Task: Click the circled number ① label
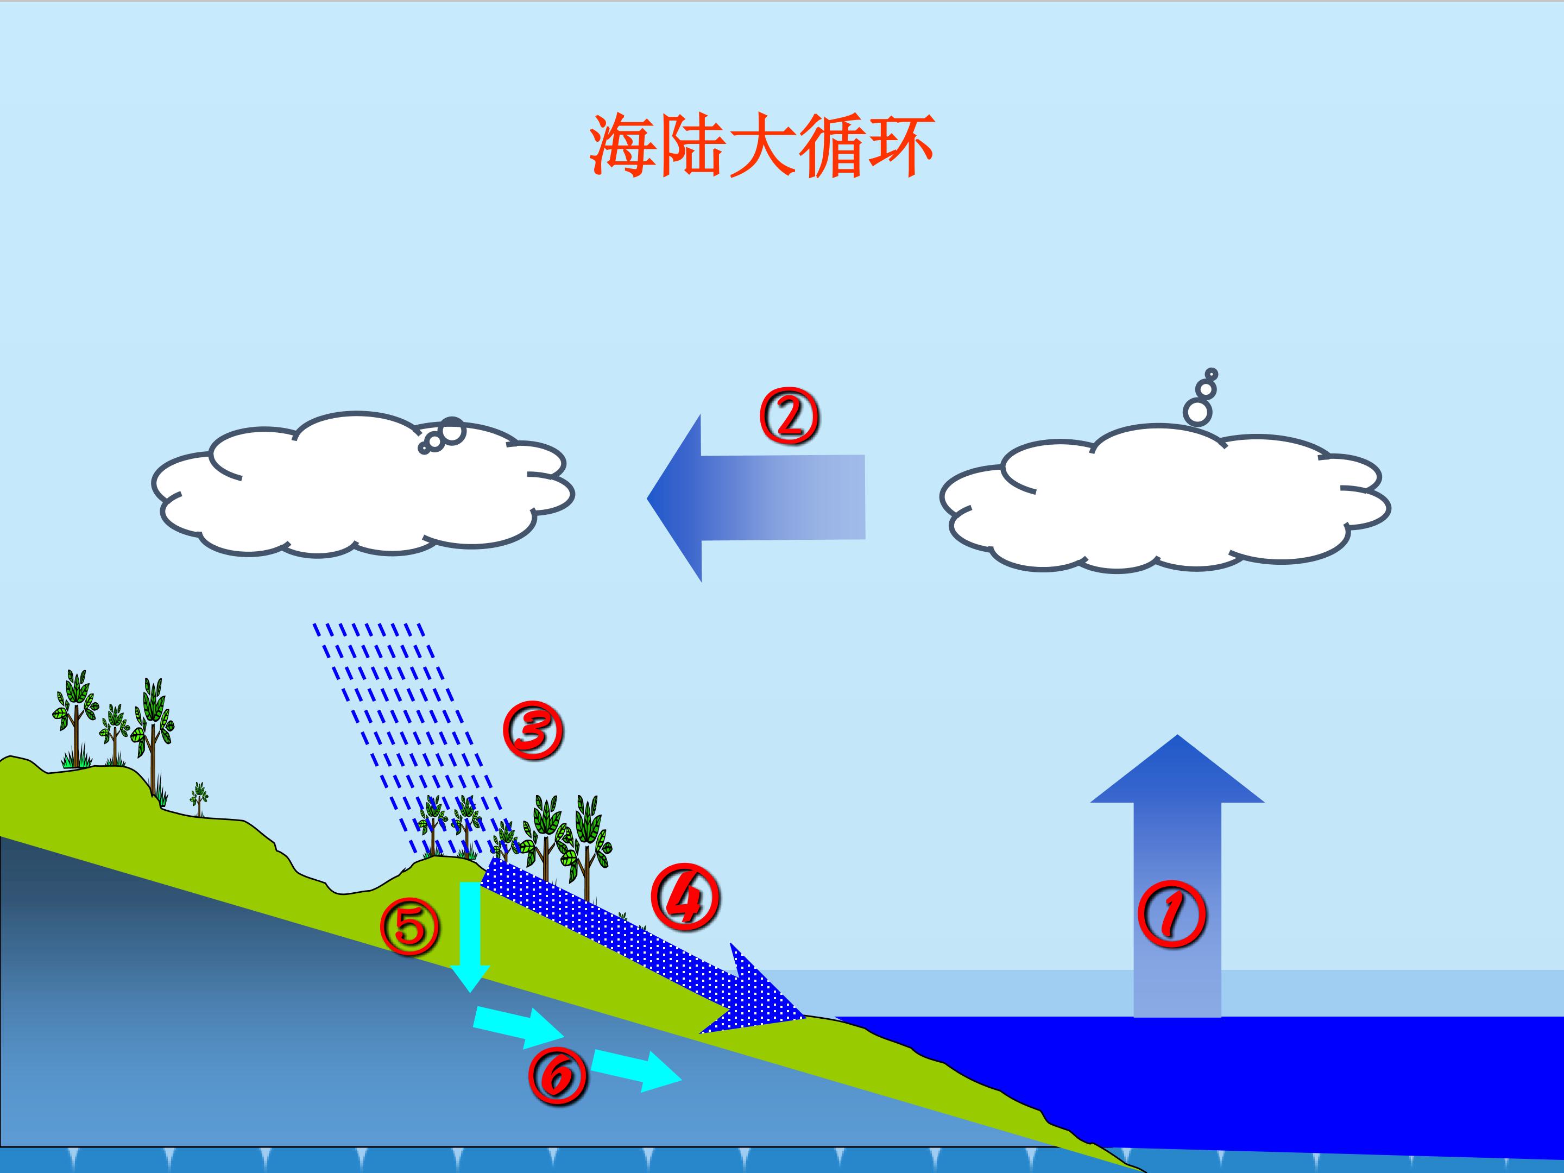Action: (1171, 913)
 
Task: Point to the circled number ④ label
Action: (684, 898)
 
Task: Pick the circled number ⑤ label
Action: (409, 927)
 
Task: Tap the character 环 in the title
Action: (900, 147)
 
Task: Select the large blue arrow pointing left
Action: (756, 498)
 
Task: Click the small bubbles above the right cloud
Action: (1201, 398)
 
